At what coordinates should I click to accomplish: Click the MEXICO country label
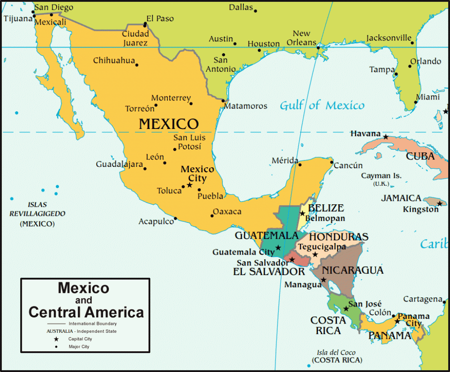point(169,124)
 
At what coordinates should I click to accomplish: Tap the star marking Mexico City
point(189,185)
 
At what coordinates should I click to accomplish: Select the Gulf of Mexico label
point(322,106)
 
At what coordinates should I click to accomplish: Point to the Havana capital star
point(385,137)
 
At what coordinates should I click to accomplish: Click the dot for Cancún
point(331,162)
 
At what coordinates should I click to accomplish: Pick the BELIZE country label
point(326,208)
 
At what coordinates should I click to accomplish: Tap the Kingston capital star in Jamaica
point(439,203)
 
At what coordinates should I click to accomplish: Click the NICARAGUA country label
point(352,270)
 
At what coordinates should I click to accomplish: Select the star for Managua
point(323,280)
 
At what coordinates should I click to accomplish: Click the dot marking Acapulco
point(175,218)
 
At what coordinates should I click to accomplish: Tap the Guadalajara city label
point(120,164)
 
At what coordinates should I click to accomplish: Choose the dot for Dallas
point(255,11)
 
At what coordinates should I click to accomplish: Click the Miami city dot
point(416,102)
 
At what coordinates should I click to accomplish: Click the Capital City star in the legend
point(56,339)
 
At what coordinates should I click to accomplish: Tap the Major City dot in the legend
point(56,347)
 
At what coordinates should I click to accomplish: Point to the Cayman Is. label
point(381,176)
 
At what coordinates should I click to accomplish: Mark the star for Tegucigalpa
point(315,254)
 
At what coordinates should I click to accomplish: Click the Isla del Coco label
point(337,353)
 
